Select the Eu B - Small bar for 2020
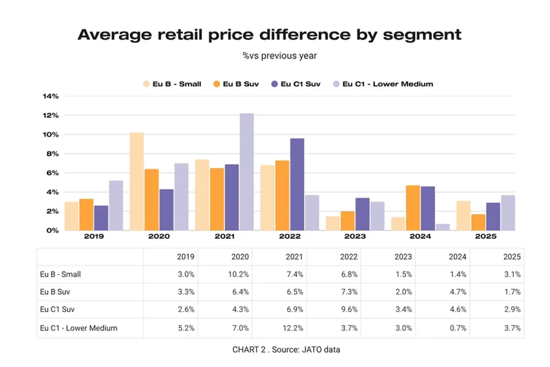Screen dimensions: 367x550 tap(137, 181)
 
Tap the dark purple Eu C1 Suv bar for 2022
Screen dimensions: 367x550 tap(297, 184)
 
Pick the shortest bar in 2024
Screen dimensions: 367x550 tap(443, 227)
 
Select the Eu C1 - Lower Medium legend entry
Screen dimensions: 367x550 tap(382, 84)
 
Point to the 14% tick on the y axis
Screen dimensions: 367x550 tap(51, 97)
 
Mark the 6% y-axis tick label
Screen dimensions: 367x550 tap(52, 173)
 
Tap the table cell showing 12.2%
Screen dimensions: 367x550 tap(292, 328)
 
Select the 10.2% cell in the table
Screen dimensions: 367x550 tap(239, 274)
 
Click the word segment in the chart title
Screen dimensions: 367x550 tap(421, 34)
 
